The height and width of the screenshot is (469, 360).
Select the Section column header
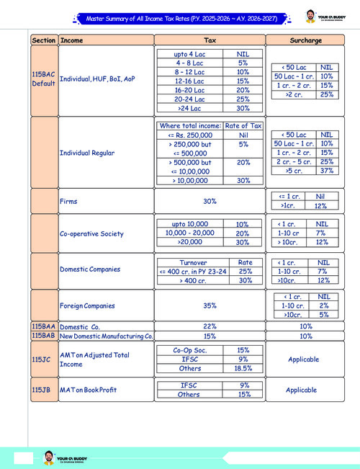[43, 40]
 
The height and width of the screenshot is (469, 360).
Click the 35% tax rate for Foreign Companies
[210, 305]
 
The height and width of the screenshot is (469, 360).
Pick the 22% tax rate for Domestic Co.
[210, 326]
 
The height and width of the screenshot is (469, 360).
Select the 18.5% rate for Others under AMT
[243, 367]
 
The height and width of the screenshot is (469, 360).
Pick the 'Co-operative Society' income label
[92, 234]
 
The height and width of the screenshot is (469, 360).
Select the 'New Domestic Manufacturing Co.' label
[107, 336]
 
